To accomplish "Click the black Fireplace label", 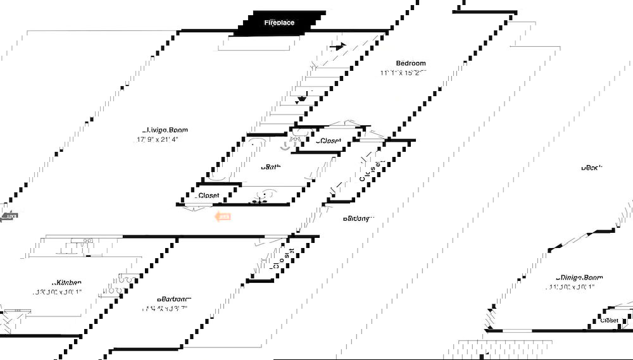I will [x=279, y=23].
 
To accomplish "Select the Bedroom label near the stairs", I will [x=411, y=63].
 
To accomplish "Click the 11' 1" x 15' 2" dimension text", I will [x=403, y=73].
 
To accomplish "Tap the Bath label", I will [x=272, y=167].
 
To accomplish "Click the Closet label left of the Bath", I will [x=208, y=196].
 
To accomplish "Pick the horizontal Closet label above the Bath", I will [x=329, y=141].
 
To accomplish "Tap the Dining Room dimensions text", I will [x=572, y=287].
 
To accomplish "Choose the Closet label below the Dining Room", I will [x=610, y=321].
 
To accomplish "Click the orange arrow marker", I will [x=223, y=217].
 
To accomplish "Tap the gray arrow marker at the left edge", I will [x=9, y=216].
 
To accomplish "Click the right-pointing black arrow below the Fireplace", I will [x=339, y=46].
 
